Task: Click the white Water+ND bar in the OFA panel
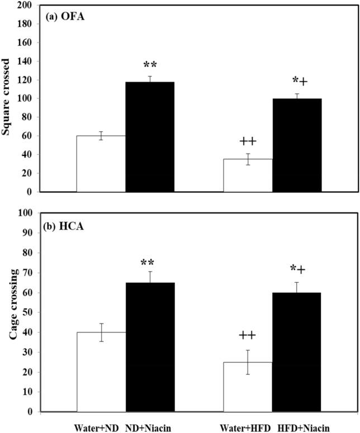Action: [101, 164]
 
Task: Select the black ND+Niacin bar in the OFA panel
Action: [150, 137]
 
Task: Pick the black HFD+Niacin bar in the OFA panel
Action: [296, 145]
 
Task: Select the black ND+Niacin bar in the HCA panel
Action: [150, 347]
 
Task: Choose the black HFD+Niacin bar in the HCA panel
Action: [296, 352]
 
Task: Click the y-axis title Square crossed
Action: [7, 98]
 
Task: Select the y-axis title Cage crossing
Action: [7, 312]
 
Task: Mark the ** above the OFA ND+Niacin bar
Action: [150, 65]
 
